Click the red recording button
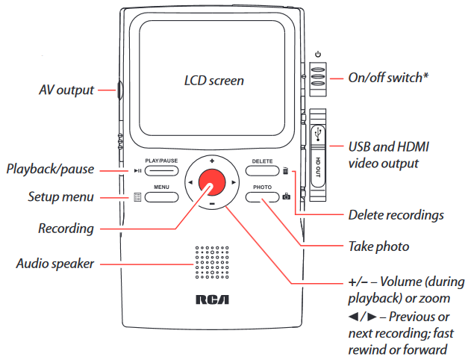(212, 183)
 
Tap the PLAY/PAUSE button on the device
(161, 170)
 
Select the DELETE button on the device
(262, 170)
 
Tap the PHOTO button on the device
(262, 196)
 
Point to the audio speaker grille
(212, 264)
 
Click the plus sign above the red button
(212, 161)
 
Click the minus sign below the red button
(212, 204)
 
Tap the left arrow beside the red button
(190, 183)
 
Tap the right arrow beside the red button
(234, 183)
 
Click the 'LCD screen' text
(214, 80)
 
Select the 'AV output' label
(66, 90)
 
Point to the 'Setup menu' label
(61, 198)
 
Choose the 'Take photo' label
(378, 245)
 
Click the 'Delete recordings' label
(396, 215)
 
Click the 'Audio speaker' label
(54, 264)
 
